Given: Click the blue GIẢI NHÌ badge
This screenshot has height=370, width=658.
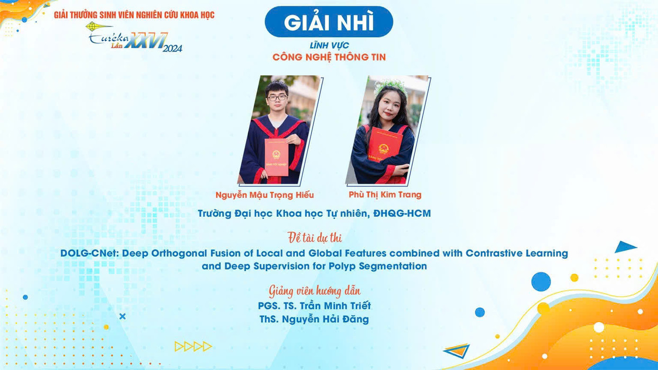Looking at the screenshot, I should click(329, 22).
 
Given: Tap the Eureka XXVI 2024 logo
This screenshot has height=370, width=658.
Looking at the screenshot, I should click(135, 38).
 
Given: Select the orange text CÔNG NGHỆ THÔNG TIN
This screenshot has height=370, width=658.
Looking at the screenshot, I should click(329, 57).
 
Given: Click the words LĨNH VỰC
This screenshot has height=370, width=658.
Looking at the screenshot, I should click(329, 45).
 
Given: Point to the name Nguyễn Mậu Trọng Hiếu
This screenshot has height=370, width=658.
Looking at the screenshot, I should click(265, 195).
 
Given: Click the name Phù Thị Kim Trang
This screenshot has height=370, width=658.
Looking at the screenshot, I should click(385, 194).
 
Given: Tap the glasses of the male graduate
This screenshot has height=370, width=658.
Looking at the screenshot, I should click(277, 98).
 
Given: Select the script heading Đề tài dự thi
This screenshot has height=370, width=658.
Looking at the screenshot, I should click(315, 237).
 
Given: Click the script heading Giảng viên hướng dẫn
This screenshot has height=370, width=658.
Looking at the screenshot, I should click(315, 290).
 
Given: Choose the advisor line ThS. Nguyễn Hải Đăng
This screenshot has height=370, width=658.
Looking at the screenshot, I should click(314, 319).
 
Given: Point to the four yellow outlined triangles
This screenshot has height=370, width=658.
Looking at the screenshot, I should click(193, 346).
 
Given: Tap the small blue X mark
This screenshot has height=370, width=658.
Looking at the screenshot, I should click(123, 316).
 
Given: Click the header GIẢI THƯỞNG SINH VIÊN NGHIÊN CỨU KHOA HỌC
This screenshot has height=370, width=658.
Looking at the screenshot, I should click(134, 15).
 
